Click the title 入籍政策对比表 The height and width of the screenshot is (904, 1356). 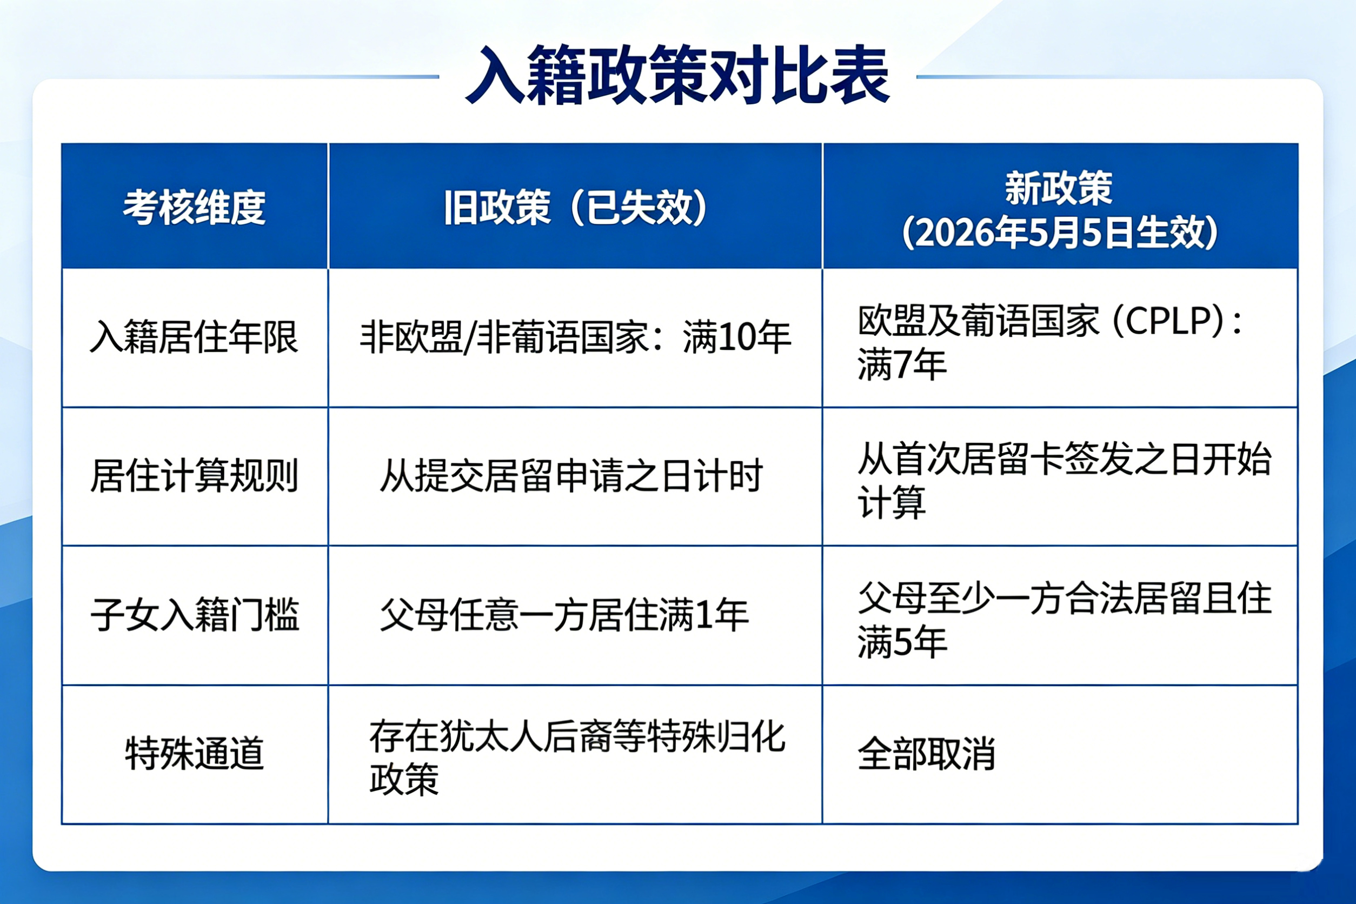pos(678,76)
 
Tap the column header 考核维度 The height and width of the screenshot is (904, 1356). pos(194,207)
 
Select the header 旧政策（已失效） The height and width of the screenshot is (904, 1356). pos(575,207)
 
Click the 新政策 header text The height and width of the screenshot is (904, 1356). pos(1059,188)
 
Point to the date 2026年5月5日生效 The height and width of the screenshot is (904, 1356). pos(1060,232)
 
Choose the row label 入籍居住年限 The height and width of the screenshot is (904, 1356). pos(194,337)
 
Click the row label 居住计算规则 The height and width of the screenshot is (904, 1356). pos(194,476)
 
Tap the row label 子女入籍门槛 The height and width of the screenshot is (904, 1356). pos(194,615)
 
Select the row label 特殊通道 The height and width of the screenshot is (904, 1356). pos(194,753)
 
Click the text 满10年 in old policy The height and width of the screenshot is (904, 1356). pos(737,337)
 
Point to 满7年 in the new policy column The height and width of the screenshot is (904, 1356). pos(902,364)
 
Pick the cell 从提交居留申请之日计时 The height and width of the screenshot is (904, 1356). pos(571,476)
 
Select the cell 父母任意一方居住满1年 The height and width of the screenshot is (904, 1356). pos(564,615)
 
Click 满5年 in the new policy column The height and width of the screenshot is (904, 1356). pos(902,642)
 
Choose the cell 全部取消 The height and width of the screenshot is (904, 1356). pos(927,753)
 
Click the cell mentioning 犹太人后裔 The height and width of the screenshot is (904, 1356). pos(577,757)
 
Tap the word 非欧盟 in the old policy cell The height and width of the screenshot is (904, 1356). pos(411,337)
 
